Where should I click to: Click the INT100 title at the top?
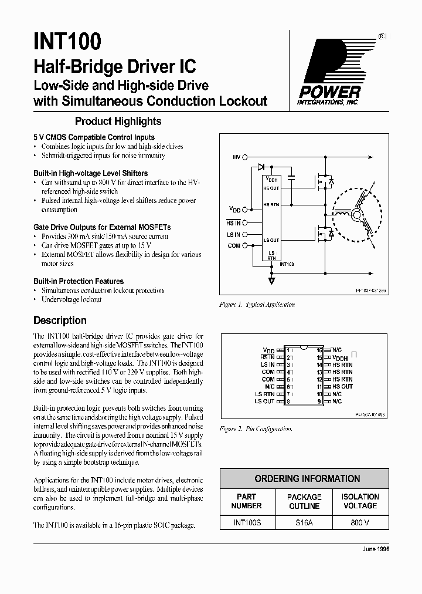coord(68,42)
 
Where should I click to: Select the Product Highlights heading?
coord(118,122)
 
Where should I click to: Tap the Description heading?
coord(60,320)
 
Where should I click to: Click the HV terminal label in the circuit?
coord(236,157)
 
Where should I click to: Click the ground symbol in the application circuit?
coord(271,281)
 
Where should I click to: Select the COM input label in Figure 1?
coord(234,246)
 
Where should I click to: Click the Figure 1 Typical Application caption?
coord(257,305)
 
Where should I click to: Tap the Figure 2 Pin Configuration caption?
coord(255,429)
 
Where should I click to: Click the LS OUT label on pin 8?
coord(264,401)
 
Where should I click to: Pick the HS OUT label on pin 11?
coord(343,386)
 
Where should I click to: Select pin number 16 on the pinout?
coord(320,350)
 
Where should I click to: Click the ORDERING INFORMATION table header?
coord(305,478)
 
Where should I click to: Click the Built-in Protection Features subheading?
coord(79,281)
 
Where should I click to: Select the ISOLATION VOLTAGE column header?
coord(360,501)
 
